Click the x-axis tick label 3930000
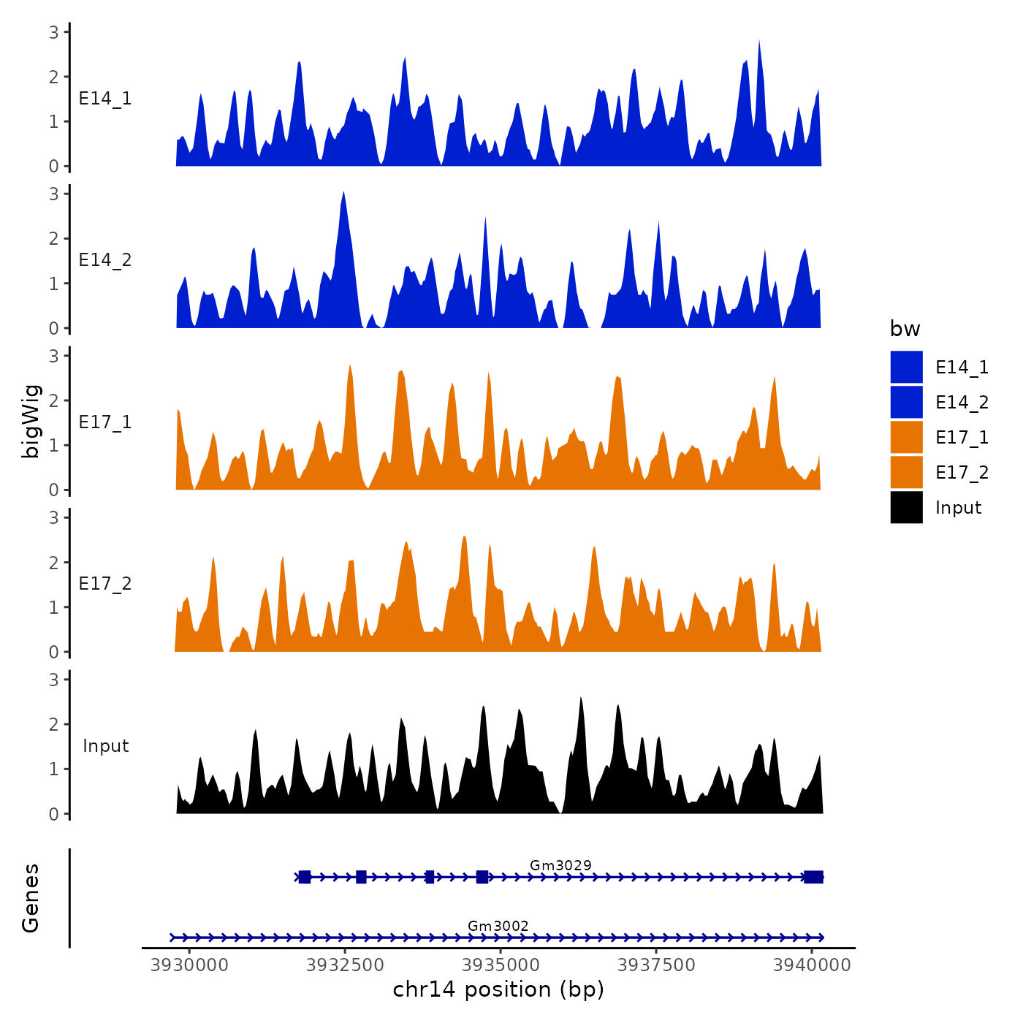click(x=189, y=965)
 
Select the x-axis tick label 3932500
click(x=345, y=965)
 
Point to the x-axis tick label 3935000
click(x=501, y=965)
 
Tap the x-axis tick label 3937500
click(x=656, y=965)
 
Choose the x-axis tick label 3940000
click(x=812, y=965)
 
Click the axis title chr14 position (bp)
click(x=498, y=989)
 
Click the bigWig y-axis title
click(x=31, y=422)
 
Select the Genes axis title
click(x=31, y=898)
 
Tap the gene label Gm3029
click(x=560, y=865)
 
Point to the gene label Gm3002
click(x=498, y=926)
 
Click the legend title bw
click(x=905, y=329)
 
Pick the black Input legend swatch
click(x=906, y=507)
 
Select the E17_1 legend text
click(x=962, y=437)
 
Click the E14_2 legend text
click(x=962, y=402)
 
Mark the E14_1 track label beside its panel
click(x=105, y=99)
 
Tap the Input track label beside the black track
click(x=105, y=746)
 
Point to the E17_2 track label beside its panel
click(x=105, y=584)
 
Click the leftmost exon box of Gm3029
click(x=305, y=877)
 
